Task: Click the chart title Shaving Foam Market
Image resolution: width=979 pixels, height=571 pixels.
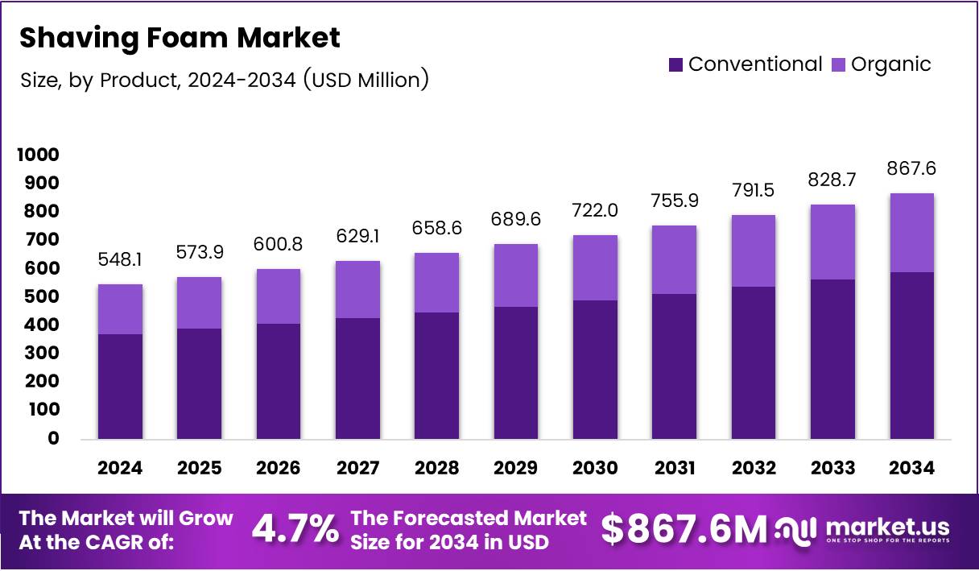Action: coord(180,38)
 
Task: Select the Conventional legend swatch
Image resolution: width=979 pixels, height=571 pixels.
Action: coord(675,64)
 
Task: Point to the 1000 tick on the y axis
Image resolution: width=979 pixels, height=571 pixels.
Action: coord(38,155)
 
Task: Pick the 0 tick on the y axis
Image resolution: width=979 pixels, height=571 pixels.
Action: coord(53,438)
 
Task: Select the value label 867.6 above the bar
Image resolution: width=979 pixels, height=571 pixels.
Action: coord(911,170)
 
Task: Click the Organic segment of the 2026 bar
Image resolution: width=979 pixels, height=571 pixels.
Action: coord(279,296)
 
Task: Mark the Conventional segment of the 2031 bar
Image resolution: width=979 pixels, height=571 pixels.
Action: coord(674,366)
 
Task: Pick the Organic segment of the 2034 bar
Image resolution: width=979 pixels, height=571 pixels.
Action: coord(911,233)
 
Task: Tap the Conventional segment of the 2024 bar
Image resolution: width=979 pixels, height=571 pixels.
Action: coord(121,387)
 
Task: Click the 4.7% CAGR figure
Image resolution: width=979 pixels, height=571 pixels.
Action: coord(295,529)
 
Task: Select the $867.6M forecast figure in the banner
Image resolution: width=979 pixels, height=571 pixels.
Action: coord(684,529)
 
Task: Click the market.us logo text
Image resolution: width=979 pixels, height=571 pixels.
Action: coord(887,528)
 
